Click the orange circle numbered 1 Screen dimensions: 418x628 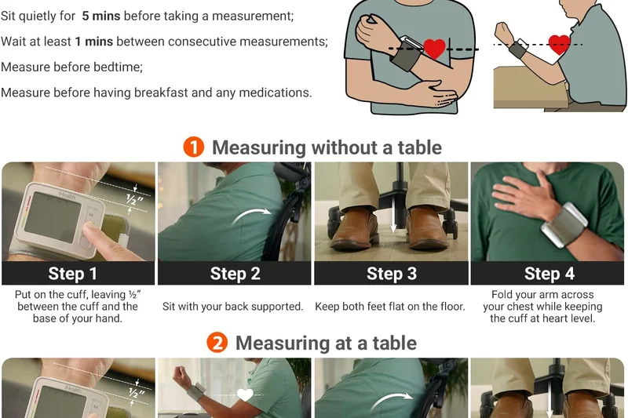(194, 147)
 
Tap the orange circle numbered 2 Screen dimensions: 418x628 (217, 343)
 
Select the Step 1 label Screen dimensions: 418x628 (73, 274)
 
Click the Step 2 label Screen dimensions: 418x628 (235, 274)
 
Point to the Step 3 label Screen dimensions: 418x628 (391, 274)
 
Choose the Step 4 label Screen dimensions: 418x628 (548, 274)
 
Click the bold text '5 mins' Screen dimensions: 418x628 (101, 16)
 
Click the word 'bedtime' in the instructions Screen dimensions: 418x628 (116, 67)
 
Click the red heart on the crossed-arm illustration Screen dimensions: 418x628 (434, 49)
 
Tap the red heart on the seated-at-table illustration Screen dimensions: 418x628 (559, 43)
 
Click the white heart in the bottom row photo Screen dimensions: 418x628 (246, 394)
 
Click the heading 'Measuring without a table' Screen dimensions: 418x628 (326, 147)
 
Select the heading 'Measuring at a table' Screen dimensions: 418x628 (326, 343)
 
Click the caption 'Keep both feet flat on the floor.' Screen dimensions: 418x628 (390, 307)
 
